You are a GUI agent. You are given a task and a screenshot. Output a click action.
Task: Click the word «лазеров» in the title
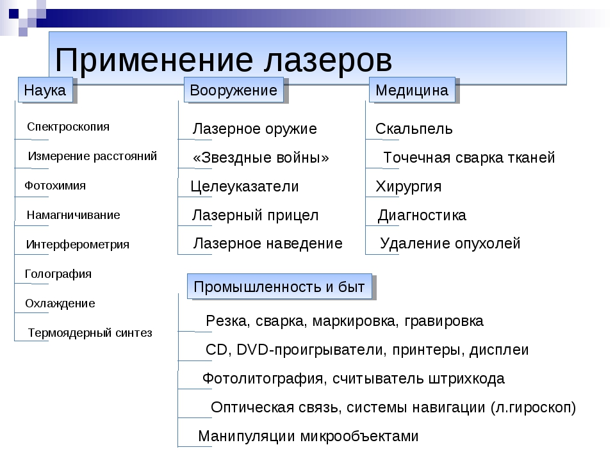(327, 60)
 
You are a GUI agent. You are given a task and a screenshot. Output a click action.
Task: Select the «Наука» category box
(45, 90)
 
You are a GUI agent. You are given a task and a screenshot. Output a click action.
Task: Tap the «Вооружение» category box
(234, 90)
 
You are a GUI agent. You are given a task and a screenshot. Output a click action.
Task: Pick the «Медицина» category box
(412, 90)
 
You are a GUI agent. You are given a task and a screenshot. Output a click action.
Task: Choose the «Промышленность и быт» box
(279, 287)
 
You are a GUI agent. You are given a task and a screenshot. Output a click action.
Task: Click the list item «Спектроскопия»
(69, 127)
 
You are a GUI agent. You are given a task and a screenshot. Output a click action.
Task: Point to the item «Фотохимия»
(55, 186)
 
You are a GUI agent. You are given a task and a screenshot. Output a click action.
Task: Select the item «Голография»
(58, 273)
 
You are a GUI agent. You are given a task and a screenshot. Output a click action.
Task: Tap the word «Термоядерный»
(69, 333)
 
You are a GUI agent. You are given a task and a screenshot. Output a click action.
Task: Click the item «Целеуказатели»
(245, 186)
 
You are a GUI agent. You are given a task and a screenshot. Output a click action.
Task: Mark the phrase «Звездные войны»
(261, 158)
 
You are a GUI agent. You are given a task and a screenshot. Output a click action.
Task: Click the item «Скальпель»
(414, 129)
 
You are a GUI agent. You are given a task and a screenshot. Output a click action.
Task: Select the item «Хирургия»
(408, 186)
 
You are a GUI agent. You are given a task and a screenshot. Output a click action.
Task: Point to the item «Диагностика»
(422, 215)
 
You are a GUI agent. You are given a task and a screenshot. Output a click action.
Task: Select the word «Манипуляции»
(246, 436)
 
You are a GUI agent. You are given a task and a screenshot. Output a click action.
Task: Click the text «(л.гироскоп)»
(533, 407)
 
